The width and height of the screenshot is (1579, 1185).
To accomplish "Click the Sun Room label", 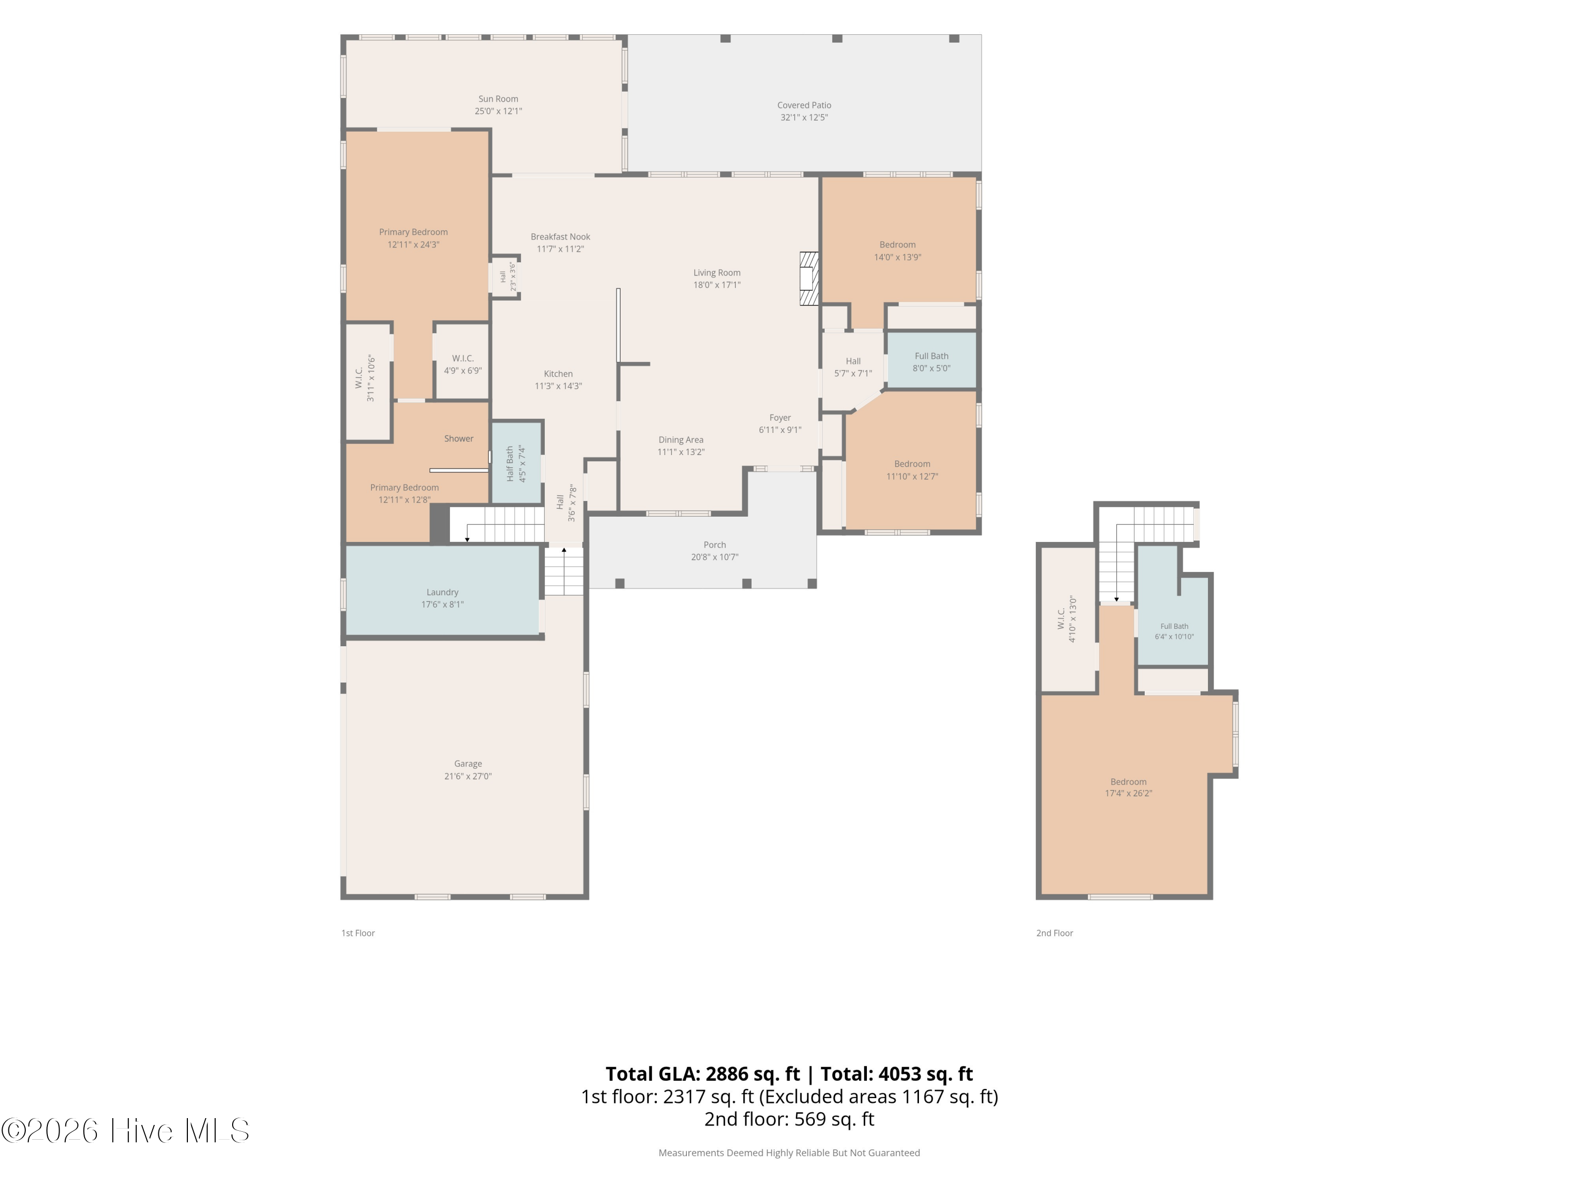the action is pos(498,100).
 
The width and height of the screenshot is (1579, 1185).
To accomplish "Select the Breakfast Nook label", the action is pos(561,237).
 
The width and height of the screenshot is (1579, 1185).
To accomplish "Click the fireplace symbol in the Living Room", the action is pos(809,279).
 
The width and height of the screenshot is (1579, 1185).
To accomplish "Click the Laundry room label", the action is pos(443,592).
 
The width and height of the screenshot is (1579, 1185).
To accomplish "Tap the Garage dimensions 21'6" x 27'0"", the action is pos(468,776).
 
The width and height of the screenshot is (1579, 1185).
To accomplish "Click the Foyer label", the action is pos(780,418).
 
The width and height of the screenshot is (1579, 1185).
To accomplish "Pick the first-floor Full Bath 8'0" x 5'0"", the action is pos(932,361).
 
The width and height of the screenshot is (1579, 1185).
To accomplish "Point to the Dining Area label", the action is pos(681,440).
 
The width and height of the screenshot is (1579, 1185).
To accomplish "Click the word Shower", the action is pos(459,439).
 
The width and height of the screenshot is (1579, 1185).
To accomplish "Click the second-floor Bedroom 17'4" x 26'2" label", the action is pos(1128,782).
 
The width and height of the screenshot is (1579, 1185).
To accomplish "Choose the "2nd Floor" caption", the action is pos(1054,933).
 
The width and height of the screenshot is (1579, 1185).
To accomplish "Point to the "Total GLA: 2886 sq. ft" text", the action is pos(703,1073).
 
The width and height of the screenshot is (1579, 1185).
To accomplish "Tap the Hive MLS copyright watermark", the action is pos(125,1131).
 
